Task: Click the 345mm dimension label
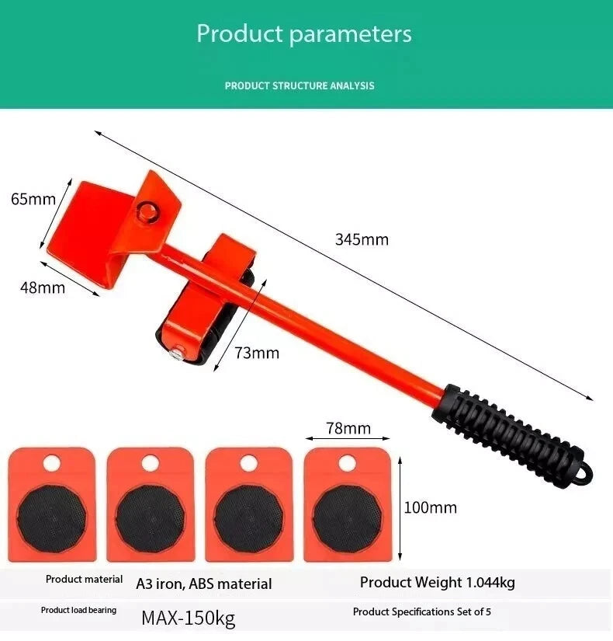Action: (x=362, y=239)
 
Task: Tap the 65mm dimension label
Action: (x=33, y=199)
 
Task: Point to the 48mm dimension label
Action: (x=43, y=287)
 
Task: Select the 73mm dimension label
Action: (x=257, y=353)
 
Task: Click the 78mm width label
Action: (x=348, y=428)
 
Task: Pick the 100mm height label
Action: (x=431, y=507)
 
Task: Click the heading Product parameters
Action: (x=304, y=33)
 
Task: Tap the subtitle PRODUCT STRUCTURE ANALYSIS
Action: (x=300, y=85)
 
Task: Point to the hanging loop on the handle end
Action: (x=584, y=476)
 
